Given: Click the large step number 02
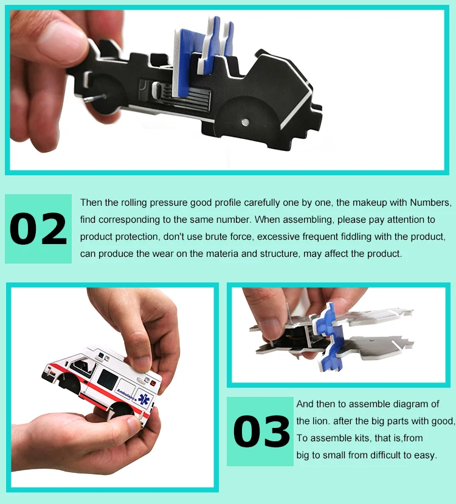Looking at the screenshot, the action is pos(38,229).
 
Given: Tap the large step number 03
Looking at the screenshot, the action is pos(261,431).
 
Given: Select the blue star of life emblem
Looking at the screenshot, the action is pos(144,399).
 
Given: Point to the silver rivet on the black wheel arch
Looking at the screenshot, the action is pos(245,122).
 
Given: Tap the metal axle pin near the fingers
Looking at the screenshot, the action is pos(95,98).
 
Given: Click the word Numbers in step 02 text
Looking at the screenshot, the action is pos(430,203).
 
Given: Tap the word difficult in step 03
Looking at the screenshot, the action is pos(383,455).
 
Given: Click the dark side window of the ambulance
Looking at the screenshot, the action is pos(108,379).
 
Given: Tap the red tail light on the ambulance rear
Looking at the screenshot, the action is pos(153,383).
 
